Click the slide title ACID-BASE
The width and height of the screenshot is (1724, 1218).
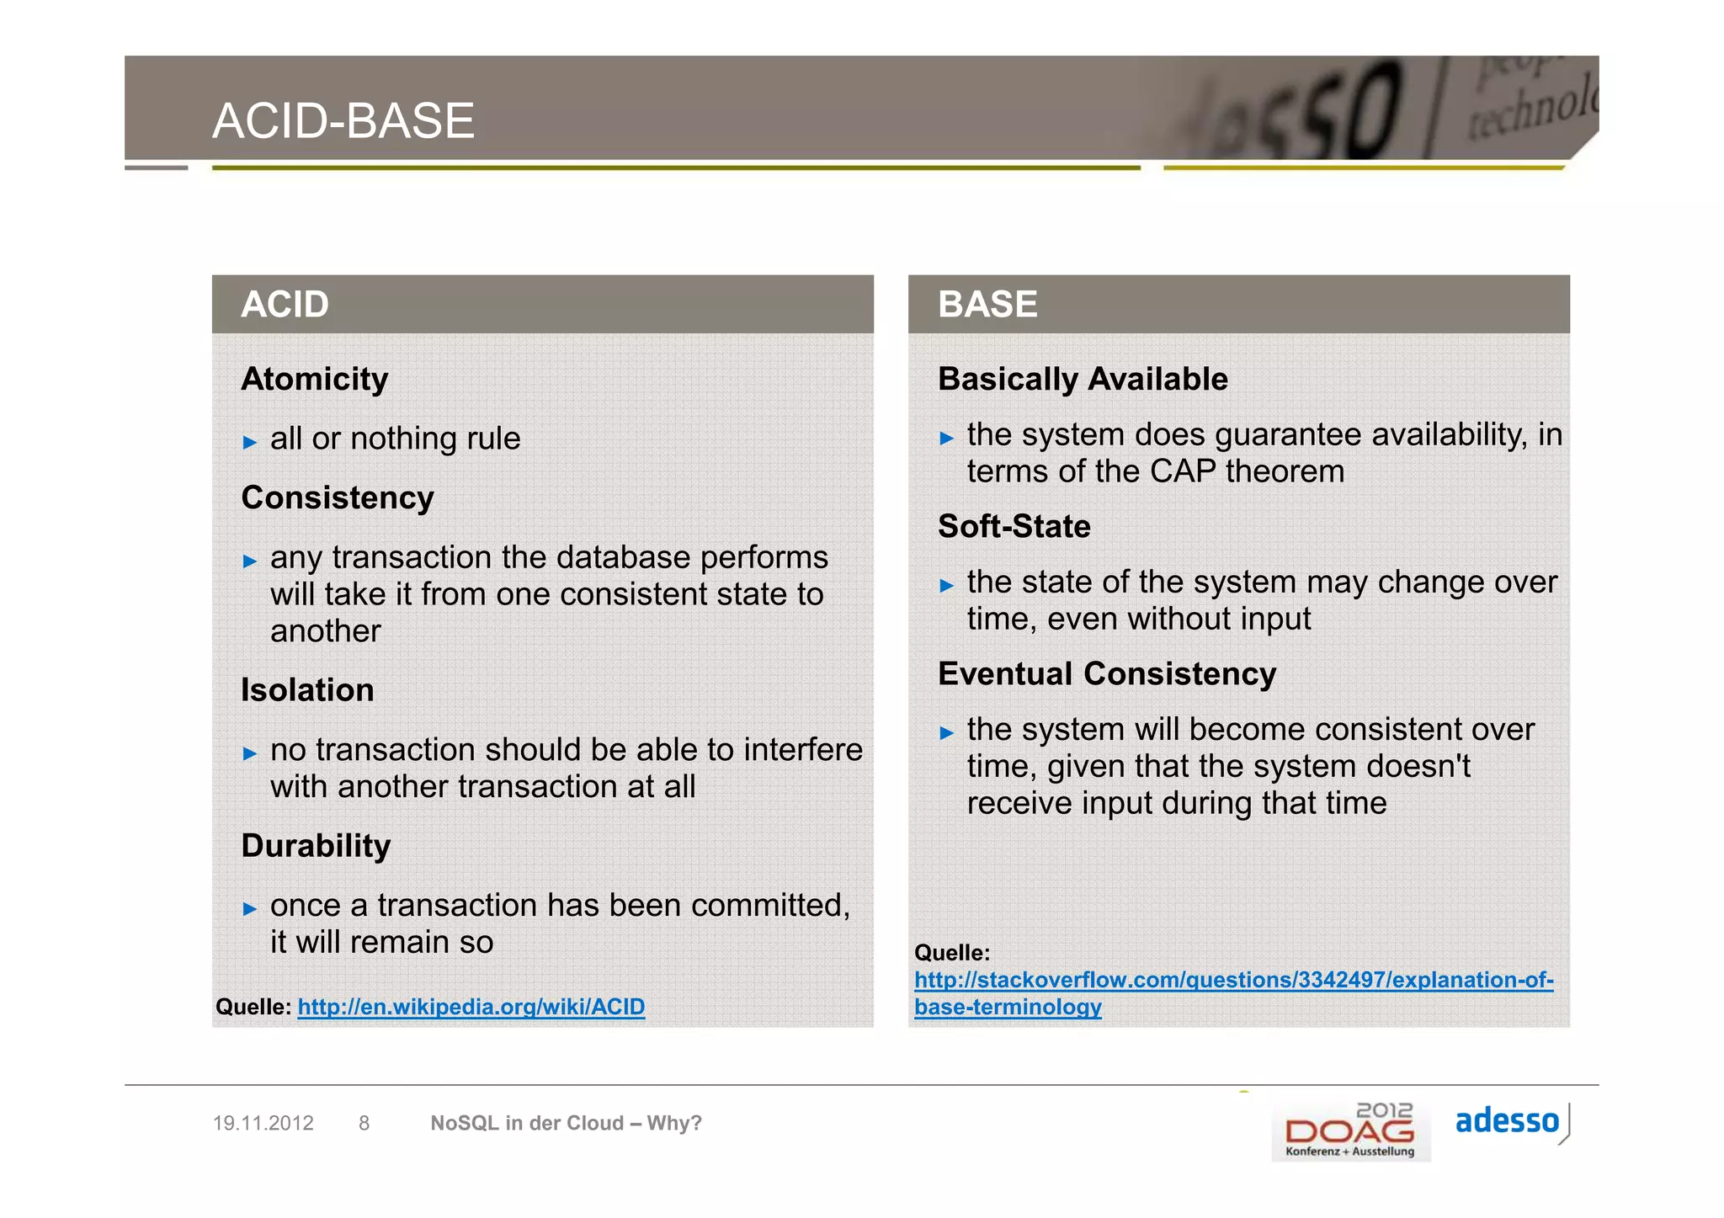tap(343, 120)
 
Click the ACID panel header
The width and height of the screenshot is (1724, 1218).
tap(285, 304)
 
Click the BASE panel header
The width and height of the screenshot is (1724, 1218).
tap(987, 304)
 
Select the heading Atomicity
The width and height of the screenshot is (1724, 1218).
tap(314, 379)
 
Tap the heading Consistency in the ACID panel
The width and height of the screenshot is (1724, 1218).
tap(337, 497)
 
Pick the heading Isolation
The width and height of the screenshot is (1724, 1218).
tap(307, 690)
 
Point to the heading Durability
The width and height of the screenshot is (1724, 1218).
tap(316, 846)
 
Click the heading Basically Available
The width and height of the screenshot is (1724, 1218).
tap(1083, 379)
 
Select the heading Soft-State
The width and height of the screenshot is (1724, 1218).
tap(1014, 526)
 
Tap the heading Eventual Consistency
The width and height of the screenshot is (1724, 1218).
tap(1106, 673)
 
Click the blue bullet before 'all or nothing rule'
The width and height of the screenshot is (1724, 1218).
tap(249, 442)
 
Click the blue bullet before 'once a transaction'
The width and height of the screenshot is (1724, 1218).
tap(249, 908)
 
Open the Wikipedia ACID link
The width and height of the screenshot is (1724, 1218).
tap(471, 1007)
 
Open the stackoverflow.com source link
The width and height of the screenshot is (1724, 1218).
tap(1233, 981)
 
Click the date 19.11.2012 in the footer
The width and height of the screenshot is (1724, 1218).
tap(263, 1123)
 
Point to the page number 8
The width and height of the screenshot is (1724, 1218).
tap(364, 1123)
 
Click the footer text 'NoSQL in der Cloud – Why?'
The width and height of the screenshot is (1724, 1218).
tap(566, 1123)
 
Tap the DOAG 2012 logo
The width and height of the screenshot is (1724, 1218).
tap(1350, 1130)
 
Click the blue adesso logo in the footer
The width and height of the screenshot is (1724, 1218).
tap(1507, 1121)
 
